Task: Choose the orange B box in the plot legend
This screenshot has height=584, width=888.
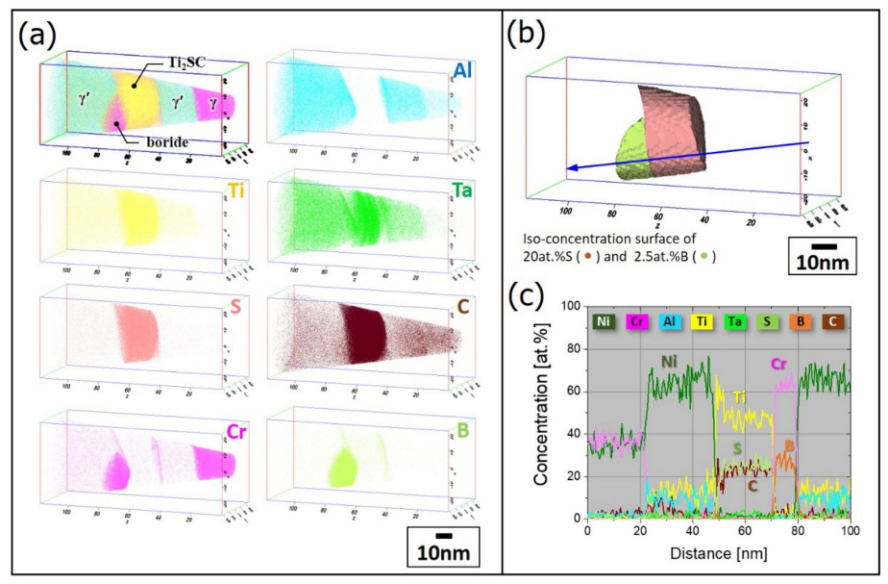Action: (x=798, y=320)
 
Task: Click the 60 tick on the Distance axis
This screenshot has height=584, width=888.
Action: (x=745, y=531)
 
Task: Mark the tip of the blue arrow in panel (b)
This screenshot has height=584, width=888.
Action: (x=567, y=168)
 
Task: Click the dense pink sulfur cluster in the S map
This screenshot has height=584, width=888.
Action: (x=141, y=331)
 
